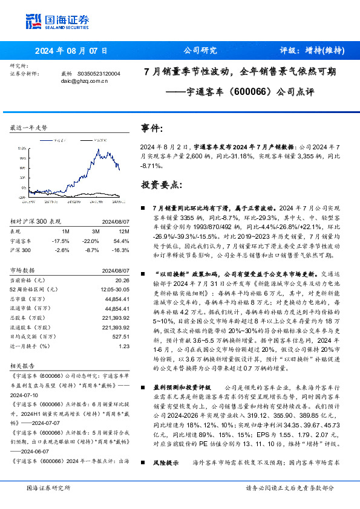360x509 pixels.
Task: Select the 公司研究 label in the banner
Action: click(x=200, y=51)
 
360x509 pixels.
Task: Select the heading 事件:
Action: click(x=152, y=128)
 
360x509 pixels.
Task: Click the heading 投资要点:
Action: click(x=161, y=184)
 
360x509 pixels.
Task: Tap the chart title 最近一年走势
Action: click(x=29, y=128)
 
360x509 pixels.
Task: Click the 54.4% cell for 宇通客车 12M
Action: click(x=121, y=241)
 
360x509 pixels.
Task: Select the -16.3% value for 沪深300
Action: click(x=121, y=250)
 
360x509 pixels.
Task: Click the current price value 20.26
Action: click(x=122, y=280)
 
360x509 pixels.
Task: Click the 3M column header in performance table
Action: click(x=96, y=232)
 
